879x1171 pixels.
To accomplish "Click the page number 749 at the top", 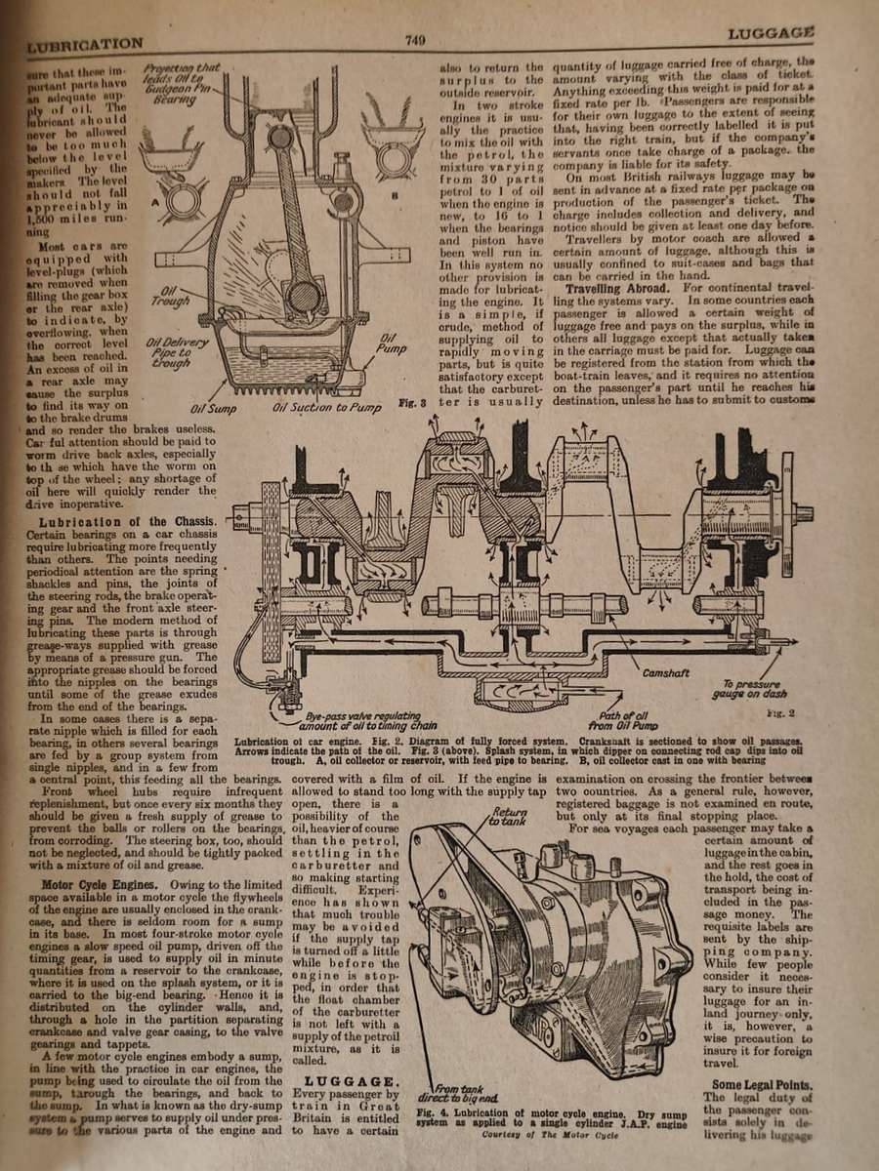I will (x=414, y=40).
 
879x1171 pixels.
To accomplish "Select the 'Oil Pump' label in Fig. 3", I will (x=390, y=343).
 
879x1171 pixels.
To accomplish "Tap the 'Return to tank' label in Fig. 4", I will (x=508, y=817).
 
